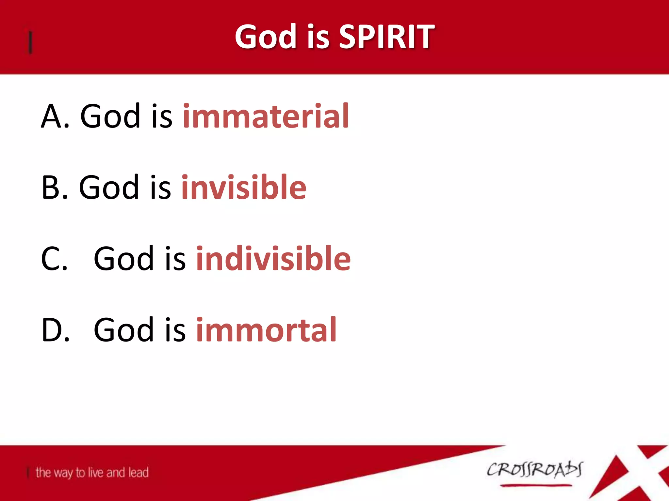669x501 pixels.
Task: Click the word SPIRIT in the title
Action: [386, 37]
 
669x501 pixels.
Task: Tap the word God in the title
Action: [265, 37]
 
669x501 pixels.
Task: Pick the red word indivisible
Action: [273, 258]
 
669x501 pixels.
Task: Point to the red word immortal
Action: [266, 330]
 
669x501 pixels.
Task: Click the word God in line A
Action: [110, 116]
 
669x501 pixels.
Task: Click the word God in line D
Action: [123, 330]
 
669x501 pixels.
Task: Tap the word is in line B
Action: [160, 187]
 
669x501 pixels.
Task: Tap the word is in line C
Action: [175, 259]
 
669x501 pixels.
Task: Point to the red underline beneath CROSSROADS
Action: [536, 485]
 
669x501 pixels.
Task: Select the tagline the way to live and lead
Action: [92, 473]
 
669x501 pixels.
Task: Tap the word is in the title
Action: [318, 37]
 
